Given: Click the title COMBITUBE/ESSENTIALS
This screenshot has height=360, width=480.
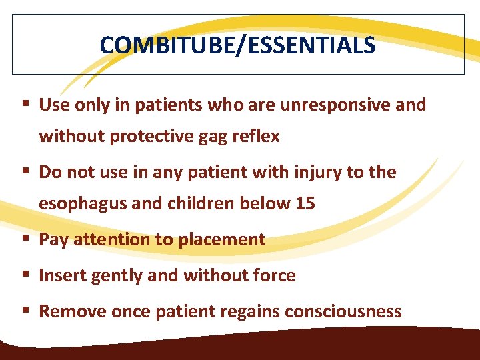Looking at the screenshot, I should [x=237, y=45].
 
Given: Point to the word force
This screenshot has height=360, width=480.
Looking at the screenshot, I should [x=273, y=275].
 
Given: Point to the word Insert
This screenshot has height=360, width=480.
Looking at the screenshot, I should [x=59, y=275].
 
